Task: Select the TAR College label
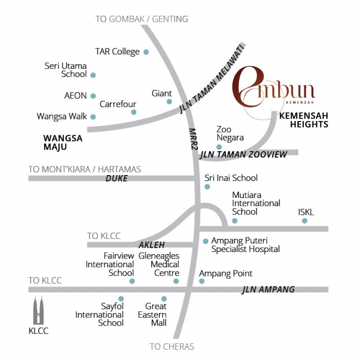click(117, 52)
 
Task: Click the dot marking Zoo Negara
click(219, 147)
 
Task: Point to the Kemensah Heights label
click(304, 120)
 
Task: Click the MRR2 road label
click(192, 139)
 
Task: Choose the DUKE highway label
click(116, 178)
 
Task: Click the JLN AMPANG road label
click(268, 290)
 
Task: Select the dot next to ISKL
click(304, 221)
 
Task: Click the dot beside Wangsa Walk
click(93, 117)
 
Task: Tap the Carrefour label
click(118, 104)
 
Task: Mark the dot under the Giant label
click(169, 101)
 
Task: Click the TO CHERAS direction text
click(172, 346)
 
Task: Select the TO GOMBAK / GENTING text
click(142, 19)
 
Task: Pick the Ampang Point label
click(226, 273)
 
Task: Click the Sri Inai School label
click(231, 178)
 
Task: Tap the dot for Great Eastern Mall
click(164, 299)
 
